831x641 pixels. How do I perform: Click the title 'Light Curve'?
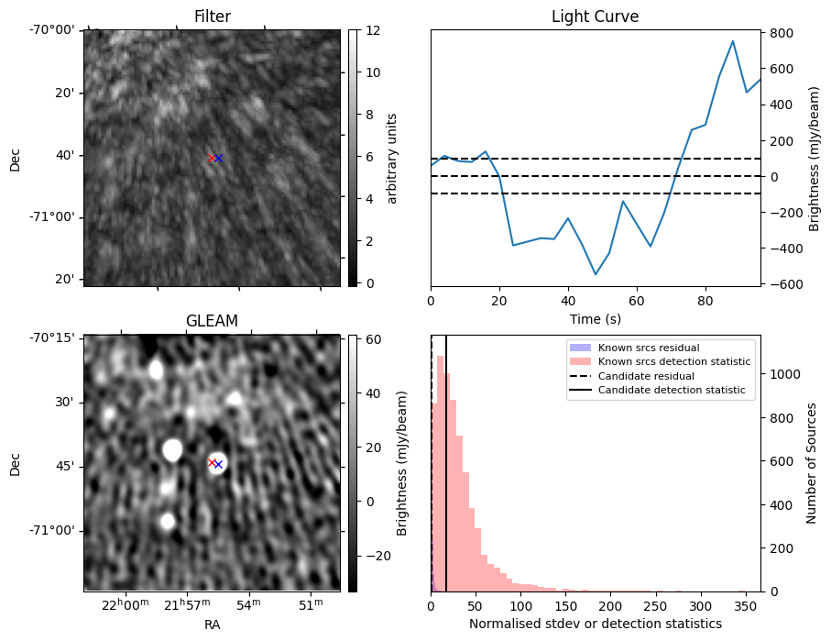tap(595, 17)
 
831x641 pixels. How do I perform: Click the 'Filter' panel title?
tap(213, 17)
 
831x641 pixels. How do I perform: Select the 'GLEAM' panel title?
tap(212, 321)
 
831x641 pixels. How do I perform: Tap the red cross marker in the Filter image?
tap(212, 158)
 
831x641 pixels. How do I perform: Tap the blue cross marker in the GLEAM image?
tap(218, 464)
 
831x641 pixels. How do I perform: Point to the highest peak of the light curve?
tap(733, 41)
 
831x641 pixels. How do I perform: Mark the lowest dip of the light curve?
tap(596, 274)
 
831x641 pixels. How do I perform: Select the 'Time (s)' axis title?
tap(595, 319)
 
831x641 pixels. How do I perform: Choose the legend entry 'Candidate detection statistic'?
tap(672, 391)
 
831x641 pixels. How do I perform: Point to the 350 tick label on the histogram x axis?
tap(746, 606)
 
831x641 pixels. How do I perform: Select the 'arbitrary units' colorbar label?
tap(392, 158)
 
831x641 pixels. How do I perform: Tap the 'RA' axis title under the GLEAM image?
tap(212, 624)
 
